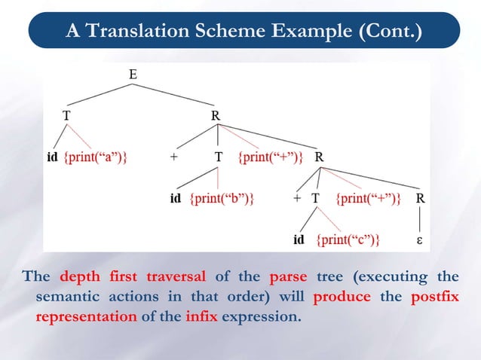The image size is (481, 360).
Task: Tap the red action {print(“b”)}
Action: pos(221,199)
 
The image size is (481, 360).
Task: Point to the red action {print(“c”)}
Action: pos(347,240)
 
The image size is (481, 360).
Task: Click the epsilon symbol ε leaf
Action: pos(419,240)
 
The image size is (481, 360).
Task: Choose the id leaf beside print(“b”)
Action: pos(176,199)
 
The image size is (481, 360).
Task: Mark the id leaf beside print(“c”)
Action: pos(299,240)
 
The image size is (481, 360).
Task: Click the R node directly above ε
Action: pos(420,199)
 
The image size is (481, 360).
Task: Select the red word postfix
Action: pos(435,296)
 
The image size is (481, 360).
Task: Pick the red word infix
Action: pos(201,316)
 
